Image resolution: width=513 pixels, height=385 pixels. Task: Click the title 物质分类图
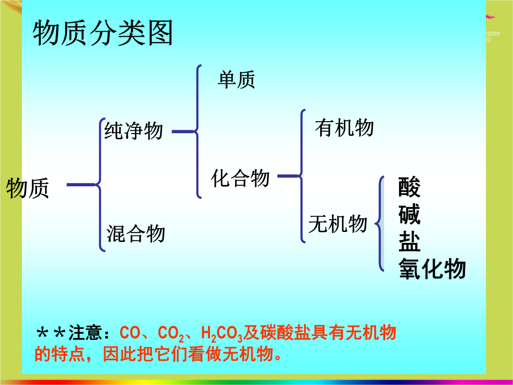[x=103, y=33]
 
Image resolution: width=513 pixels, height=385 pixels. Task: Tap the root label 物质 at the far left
[x=28, y=188]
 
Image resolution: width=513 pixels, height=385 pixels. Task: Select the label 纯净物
[x=133, y=131]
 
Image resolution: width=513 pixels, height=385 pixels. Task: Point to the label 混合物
[x=136, y=233]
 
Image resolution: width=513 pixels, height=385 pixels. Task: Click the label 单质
[x=236, y=79]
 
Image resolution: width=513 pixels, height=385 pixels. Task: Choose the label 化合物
[x=240, y=178]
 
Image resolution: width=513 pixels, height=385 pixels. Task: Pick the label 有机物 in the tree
[x=344, y=127]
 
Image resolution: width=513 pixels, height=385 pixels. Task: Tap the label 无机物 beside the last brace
[x=338, y=224]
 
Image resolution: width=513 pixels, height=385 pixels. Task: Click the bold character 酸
[x=409, y=187]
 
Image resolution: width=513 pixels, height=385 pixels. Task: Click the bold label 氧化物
[x=432, y=269]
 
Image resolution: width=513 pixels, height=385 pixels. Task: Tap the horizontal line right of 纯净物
[x=183, y=132]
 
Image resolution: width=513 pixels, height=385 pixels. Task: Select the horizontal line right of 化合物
[x=288, y=176]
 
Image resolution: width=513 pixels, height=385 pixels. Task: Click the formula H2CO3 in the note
[x=221, y=333]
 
